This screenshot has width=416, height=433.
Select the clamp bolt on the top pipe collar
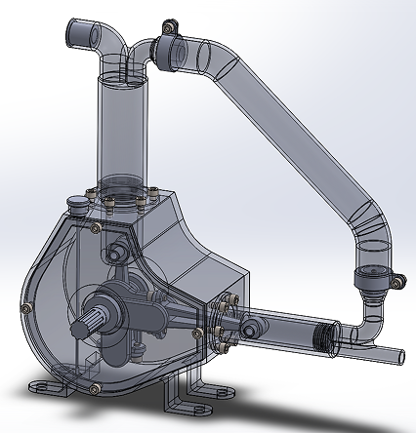pyautogui.click(x=168, y=25)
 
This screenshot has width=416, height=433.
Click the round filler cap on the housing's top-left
pyautogui.click(x=76, y=203)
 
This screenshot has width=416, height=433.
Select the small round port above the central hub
pyautogui.click(x=116, y=253)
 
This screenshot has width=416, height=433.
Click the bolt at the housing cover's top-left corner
pyautogui.click(x=95, y=227)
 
